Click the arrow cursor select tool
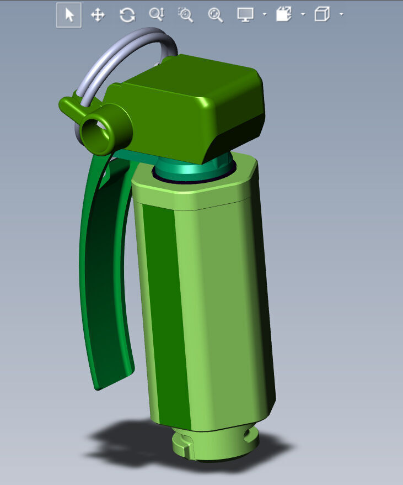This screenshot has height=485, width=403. pos(69,15)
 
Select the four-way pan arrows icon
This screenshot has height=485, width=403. pos(98,15)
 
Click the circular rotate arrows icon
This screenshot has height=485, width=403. pos(127,15)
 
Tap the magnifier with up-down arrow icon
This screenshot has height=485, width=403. pos(157,15)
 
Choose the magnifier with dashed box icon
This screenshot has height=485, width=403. pos(186,15)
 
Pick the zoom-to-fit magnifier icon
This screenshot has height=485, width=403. pos(216,15)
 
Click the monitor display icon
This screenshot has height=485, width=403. pos(245,15)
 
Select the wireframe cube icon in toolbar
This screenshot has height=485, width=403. pos(321,15)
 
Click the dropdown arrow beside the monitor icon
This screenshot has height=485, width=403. pos(265,15)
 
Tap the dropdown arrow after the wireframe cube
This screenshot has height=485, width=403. pos(341,15)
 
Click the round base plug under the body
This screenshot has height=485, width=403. pos(215,442)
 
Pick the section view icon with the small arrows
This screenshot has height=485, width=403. pos(284,15)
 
